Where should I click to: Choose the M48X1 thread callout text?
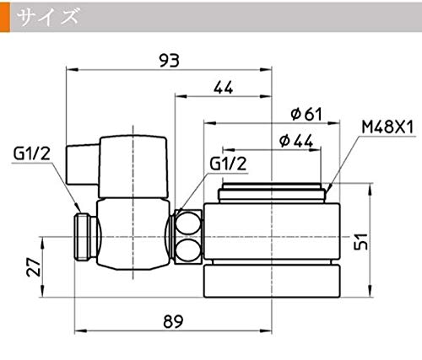387,127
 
